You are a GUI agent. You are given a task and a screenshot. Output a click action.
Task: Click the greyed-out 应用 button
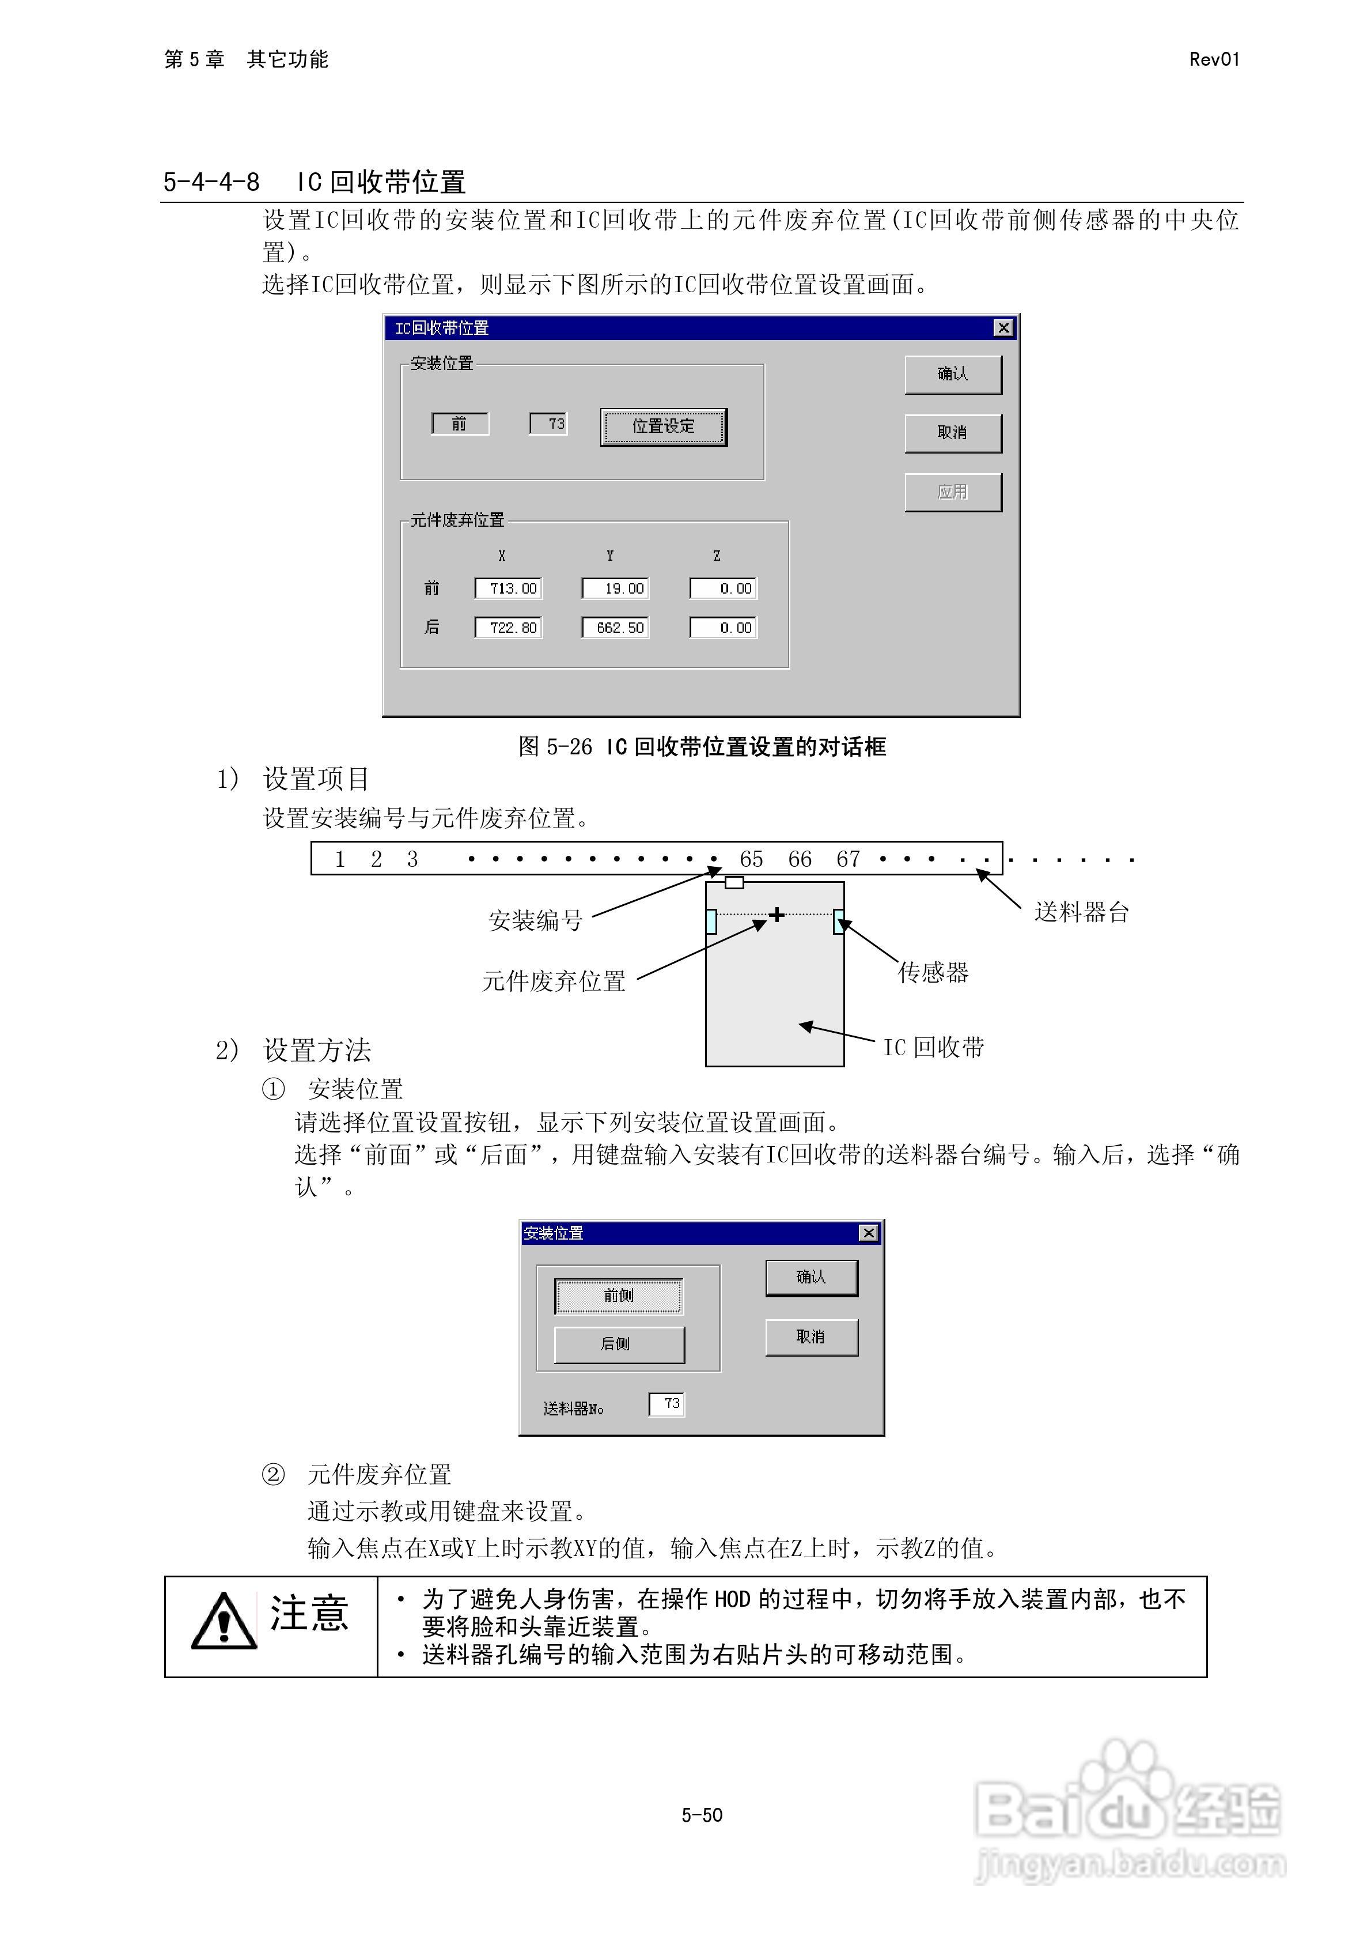pyautogui.click(x=953, y=492)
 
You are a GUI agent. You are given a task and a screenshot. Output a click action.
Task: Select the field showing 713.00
pyautogui.click(x=508, y=588)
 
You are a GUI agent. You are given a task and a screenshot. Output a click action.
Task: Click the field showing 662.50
pyautogui.click(x=615, y=627)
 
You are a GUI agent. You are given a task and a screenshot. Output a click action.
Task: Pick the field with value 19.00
pyautogui.click(x=615, y=588)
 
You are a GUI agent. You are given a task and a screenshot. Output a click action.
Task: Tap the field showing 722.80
pyautogui.click(x=508, y=627)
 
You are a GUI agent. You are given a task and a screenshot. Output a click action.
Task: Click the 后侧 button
pyautogui.click(x=619, y=1343)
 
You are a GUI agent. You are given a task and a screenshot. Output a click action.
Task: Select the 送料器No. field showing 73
pyautogui.click(x=667, y=1404)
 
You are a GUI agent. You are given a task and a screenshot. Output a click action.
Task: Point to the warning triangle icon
pyautogui.click(x=224, y=1622)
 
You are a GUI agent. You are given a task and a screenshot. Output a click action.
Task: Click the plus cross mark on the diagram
pyautogui.click(x=777, y=914)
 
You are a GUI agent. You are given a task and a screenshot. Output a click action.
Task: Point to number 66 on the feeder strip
pyautogui.click(x=800, y=860)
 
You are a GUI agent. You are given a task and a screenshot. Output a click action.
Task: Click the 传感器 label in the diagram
pyautogui.click(x=933, y=972)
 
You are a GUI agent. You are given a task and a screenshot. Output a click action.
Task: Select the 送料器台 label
pyautogui.click(x=1082, y=912)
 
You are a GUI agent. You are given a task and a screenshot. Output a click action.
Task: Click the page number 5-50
pyautogui.click(x=702, y=1815)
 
